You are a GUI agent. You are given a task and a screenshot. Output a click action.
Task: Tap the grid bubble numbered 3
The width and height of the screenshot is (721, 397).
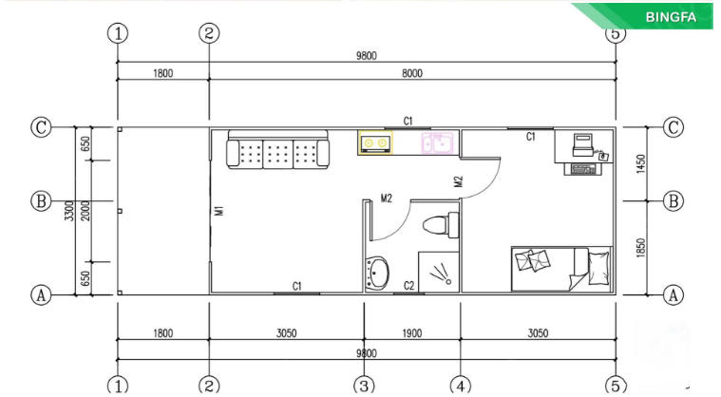click(364, 386)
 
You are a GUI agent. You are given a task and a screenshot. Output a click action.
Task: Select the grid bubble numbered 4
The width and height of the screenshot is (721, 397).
click(461, 386)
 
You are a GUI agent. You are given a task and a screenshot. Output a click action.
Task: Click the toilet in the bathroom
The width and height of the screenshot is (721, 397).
click(441, 225)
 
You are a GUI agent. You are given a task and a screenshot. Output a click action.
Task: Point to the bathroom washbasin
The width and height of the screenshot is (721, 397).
click(377, 274)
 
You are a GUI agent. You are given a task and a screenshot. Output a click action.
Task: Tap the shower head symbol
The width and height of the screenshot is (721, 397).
click(441, 273)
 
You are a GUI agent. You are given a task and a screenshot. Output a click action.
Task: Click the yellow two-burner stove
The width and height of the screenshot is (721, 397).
click(375, 142)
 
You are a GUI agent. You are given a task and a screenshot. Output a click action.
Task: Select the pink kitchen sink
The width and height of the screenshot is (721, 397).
click(437, 142)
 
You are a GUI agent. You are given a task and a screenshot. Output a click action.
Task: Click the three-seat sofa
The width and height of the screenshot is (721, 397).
click(277, 149)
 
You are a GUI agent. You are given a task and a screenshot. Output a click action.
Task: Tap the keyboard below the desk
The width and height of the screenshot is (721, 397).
click(582, 169)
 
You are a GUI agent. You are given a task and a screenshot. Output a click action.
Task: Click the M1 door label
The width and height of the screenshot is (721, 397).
click(218, 211)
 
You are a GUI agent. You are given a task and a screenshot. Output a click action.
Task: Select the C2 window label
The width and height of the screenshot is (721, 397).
click(408, 286)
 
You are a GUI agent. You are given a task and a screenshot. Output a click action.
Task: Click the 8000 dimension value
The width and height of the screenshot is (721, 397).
click(412, 73)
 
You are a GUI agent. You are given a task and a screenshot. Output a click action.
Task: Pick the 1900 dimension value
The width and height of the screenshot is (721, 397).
click(412, 333)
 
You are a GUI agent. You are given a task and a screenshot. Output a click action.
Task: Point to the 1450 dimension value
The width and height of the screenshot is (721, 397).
click(641, 164)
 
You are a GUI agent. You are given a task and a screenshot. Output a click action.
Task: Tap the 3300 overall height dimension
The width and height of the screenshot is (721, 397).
click(69, 211)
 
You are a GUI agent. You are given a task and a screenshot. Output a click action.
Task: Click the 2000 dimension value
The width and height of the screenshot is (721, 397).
click(85, 211)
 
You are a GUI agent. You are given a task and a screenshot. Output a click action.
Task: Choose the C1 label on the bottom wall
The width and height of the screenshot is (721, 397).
click(297, 286)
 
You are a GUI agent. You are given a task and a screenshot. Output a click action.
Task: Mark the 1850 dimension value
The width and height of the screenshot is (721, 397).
click(641, 248)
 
